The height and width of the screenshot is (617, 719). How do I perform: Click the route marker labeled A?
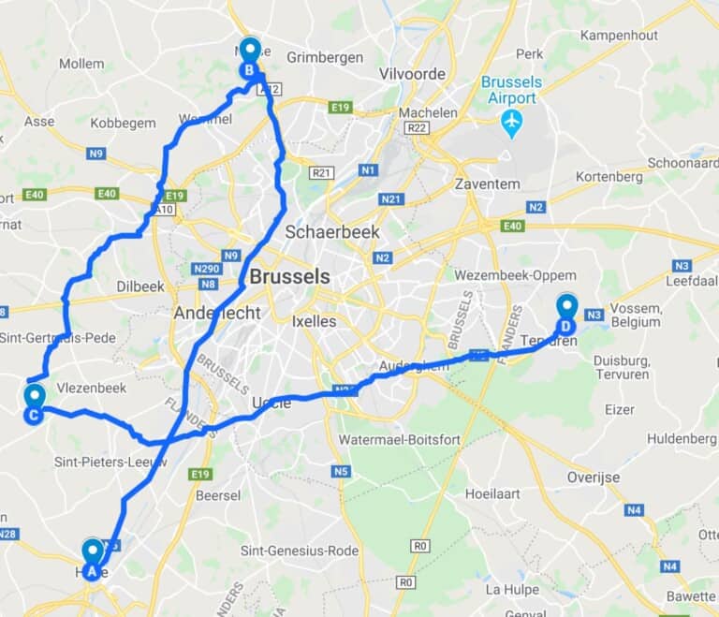tap(92, 559)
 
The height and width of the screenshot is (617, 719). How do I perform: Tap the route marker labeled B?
tap(250, 58)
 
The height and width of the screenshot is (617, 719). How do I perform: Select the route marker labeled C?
tap(33, 404)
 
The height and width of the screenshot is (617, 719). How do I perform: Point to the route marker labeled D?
tap(566, 315)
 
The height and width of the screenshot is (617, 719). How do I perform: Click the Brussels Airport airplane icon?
tap(511, 122)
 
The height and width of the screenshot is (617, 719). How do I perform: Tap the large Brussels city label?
tap(289, 277)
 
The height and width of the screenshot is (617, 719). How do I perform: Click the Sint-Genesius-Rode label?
tap(299, 551)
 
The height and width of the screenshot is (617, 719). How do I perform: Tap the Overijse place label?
tap(593, 477)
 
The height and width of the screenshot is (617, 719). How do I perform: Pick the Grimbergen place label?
tap(325, 57)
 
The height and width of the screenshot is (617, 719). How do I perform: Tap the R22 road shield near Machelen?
tap(418, 128)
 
